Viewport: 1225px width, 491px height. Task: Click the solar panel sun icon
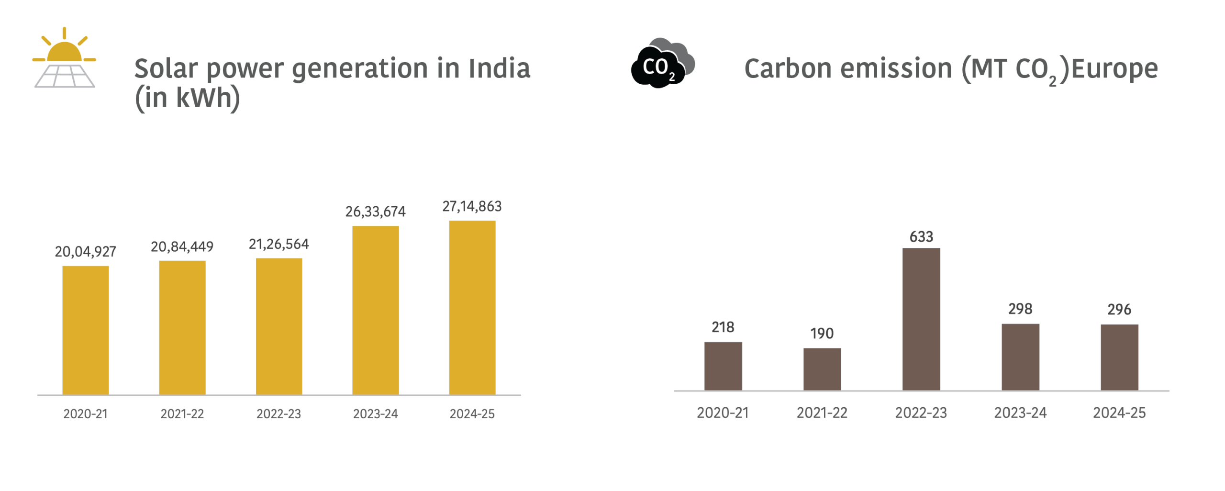click(64, 58)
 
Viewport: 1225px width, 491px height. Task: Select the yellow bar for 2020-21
click(86, 330)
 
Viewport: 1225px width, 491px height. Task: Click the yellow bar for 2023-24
click(376, 310)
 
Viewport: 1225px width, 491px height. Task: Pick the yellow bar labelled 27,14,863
click(472, 307)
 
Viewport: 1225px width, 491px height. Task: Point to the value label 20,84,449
click(182, 247)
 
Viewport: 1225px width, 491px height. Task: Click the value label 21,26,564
click(279, 245)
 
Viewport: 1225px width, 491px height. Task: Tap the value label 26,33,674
click(376, 212)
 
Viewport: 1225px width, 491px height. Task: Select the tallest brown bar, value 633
click(921, 319)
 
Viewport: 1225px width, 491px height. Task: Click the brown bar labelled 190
click(822, 369)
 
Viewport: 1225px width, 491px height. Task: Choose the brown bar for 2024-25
click(1119, 357)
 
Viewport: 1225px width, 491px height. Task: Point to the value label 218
click(723, 327)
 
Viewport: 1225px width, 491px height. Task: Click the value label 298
click(1020, 309)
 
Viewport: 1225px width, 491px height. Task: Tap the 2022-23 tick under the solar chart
click(279, 414)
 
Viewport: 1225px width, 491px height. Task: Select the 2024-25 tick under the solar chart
click(472, 414)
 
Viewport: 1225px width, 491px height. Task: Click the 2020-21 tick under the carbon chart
click(723, 413)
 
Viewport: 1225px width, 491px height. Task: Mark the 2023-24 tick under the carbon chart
click(1020, 413)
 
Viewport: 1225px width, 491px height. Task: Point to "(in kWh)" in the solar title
click(187, 99)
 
